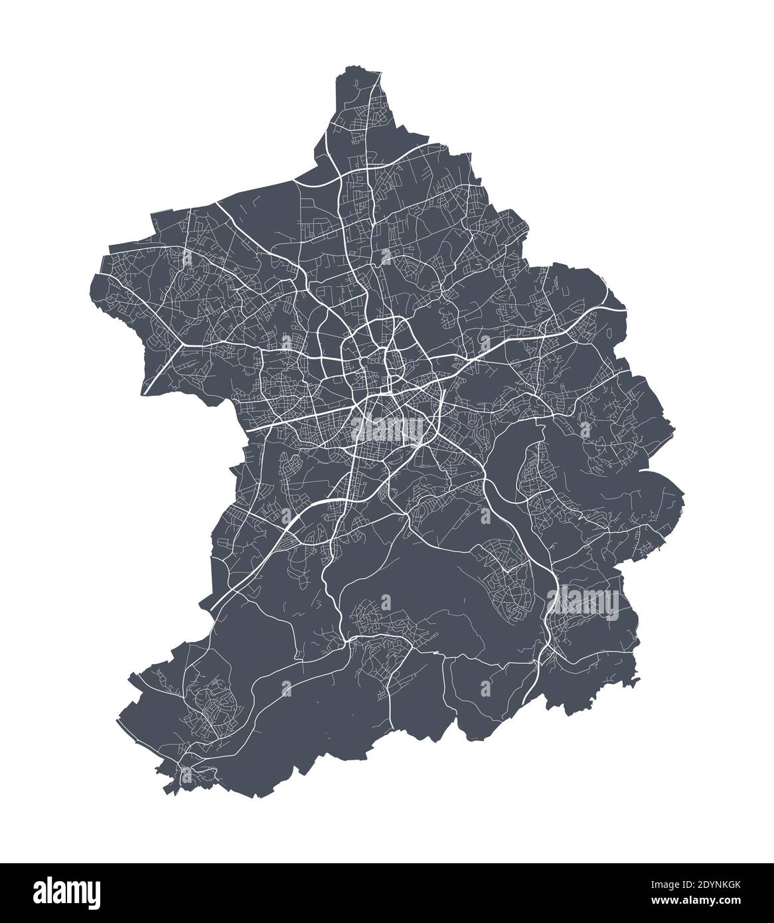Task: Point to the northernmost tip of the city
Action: [x=350, y=67]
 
